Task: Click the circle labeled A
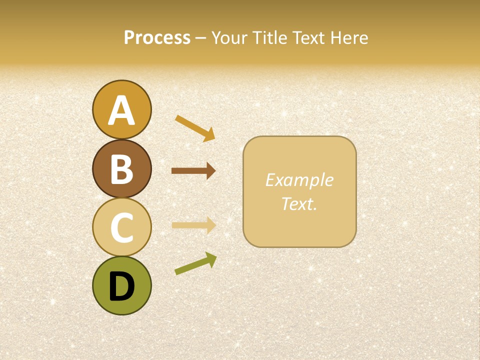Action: tap(121, 109)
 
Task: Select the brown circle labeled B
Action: tap(121, 168)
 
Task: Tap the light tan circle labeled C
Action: tap(121, 227)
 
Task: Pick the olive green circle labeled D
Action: tap(121, 286)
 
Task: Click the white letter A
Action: tap(121, 110)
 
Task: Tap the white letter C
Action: tap(121, 228)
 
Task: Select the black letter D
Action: tap(121, 287)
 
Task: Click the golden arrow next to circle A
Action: tap(194, 128)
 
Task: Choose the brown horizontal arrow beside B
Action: tap(193, 171)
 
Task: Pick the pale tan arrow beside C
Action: tap(193, 225)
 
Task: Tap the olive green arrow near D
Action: tap(195, 263)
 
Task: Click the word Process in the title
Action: tap(157, 37)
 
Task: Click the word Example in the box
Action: tap(299, 180)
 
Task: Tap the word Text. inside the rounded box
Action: tap(299, 203)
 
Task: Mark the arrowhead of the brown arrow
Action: tap(210, 171)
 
